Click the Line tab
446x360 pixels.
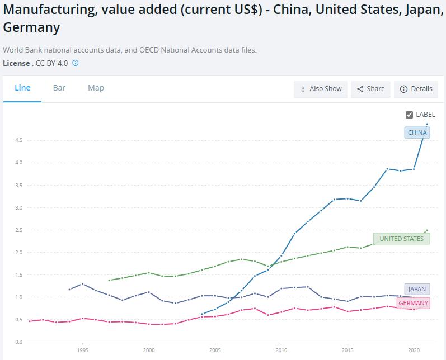(22, 88)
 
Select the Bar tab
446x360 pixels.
(59, 88)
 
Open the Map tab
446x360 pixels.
(96, 88)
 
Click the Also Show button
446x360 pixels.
(321, 89)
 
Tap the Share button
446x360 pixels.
(370, 89)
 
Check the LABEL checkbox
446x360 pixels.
(409, 115)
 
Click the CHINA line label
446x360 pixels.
(417, 132)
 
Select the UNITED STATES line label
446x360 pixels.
(401, 239)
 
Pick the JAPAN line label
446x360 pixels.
(417, 289)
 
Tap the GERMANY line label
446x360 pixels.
(414, 303)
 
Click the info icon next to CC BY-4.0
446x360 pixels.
(76, 63)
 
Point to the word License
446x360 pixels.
(16, 63)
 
